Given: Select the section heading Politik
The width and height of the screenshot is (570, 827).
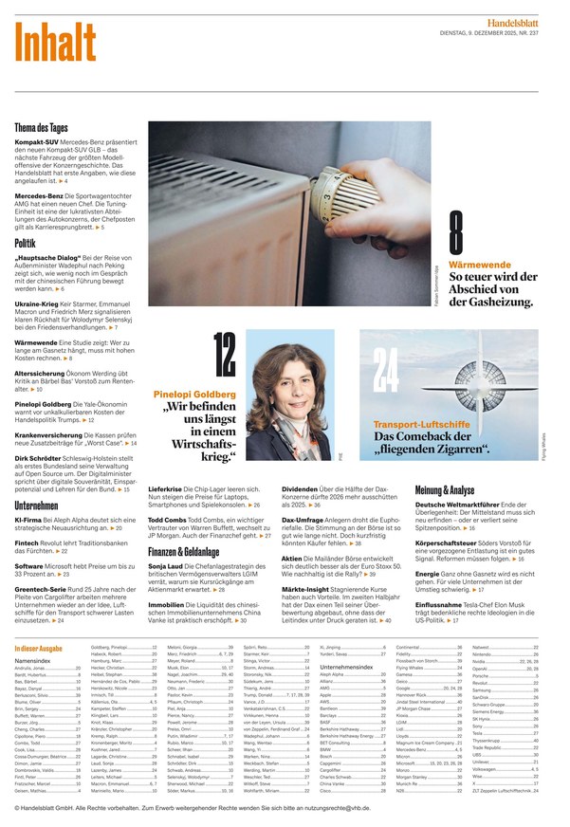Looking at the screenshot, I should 26,244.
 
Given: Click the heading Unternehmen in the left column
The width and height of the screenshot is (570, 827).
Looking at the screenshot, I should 36,506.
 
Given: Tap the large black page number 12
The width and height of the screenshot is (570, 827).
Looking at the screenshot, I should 225,354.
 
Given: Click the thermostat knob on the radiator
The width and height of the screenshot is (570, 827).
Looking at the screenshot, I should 351,194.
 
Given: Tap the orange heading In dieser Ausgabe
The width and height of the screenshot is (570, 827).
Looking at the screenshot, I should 41,648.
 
